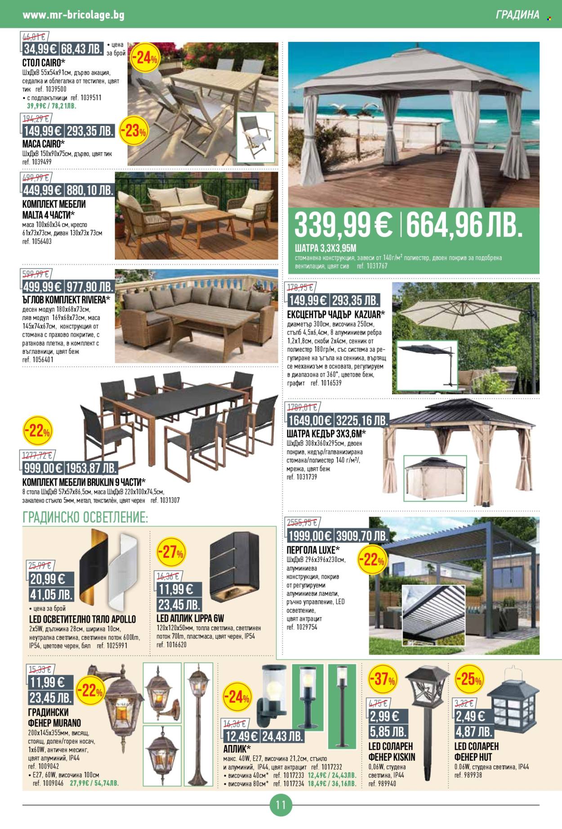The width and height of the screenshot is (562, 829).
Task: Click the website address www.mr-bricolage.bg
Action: (73, 15)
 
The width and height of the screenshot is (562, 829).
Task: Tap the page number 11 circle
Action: (281, 804)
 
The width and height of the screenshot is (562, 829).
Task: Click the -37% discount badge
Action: (382, 679)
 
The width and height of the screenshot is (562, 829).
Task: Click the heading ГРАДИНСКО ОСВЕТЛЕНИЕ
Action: (85, 517)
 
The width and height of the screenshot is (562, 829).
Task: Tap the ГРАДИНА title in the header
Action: (517, 15)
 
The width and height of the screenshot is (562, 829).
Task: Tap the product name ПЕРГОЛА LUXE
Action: (313, 550)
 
